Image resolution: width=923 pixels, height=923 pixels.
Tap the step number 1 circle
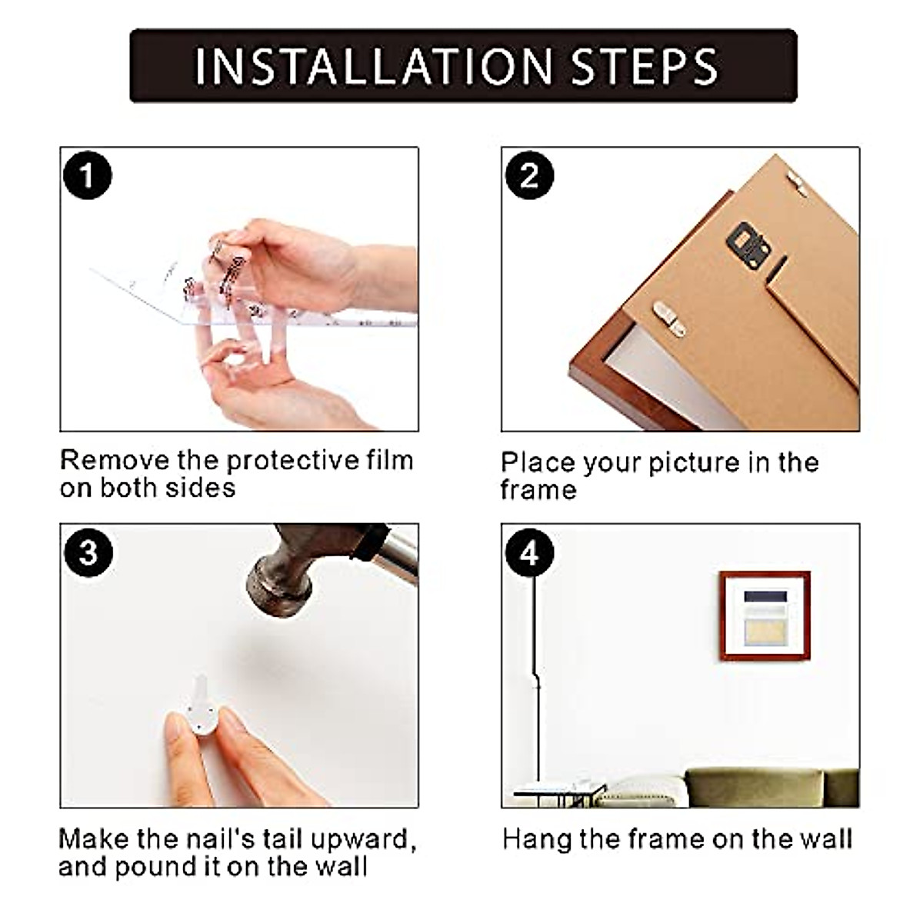point(87,175)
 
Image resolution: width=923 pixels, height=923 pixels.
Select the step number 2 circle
point(529,175)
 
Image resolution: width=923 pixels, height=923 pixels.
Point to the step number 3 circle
point(88,552)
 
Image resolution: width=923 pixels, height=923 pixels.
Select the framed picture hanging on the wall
point(765,616)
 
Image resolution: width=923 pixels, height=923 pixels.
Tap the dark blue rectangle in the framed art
point(765,597)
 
